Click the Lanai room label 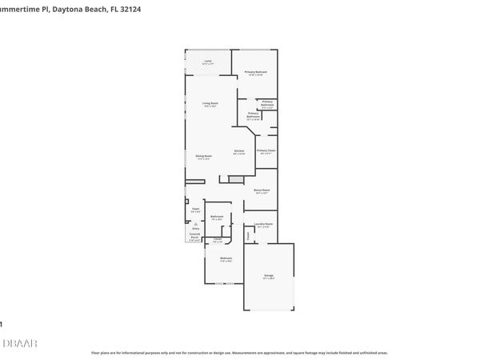pos(207,62)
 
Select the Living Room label pos(210,104)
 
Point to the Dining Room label pos(204,157)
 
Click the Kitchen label pos(238,152)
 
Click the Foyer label pos(195,209)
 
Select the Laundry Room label pos(264,225)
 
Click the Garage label pos(269,277)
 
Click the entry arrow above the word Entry pos(195,223)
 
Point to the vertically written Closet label pos(249,235)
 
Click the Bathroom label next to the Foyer pos(216,217)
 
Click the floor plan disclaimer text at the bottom pos(239,352)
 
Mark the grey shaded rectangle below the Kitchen pos(235,179)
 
